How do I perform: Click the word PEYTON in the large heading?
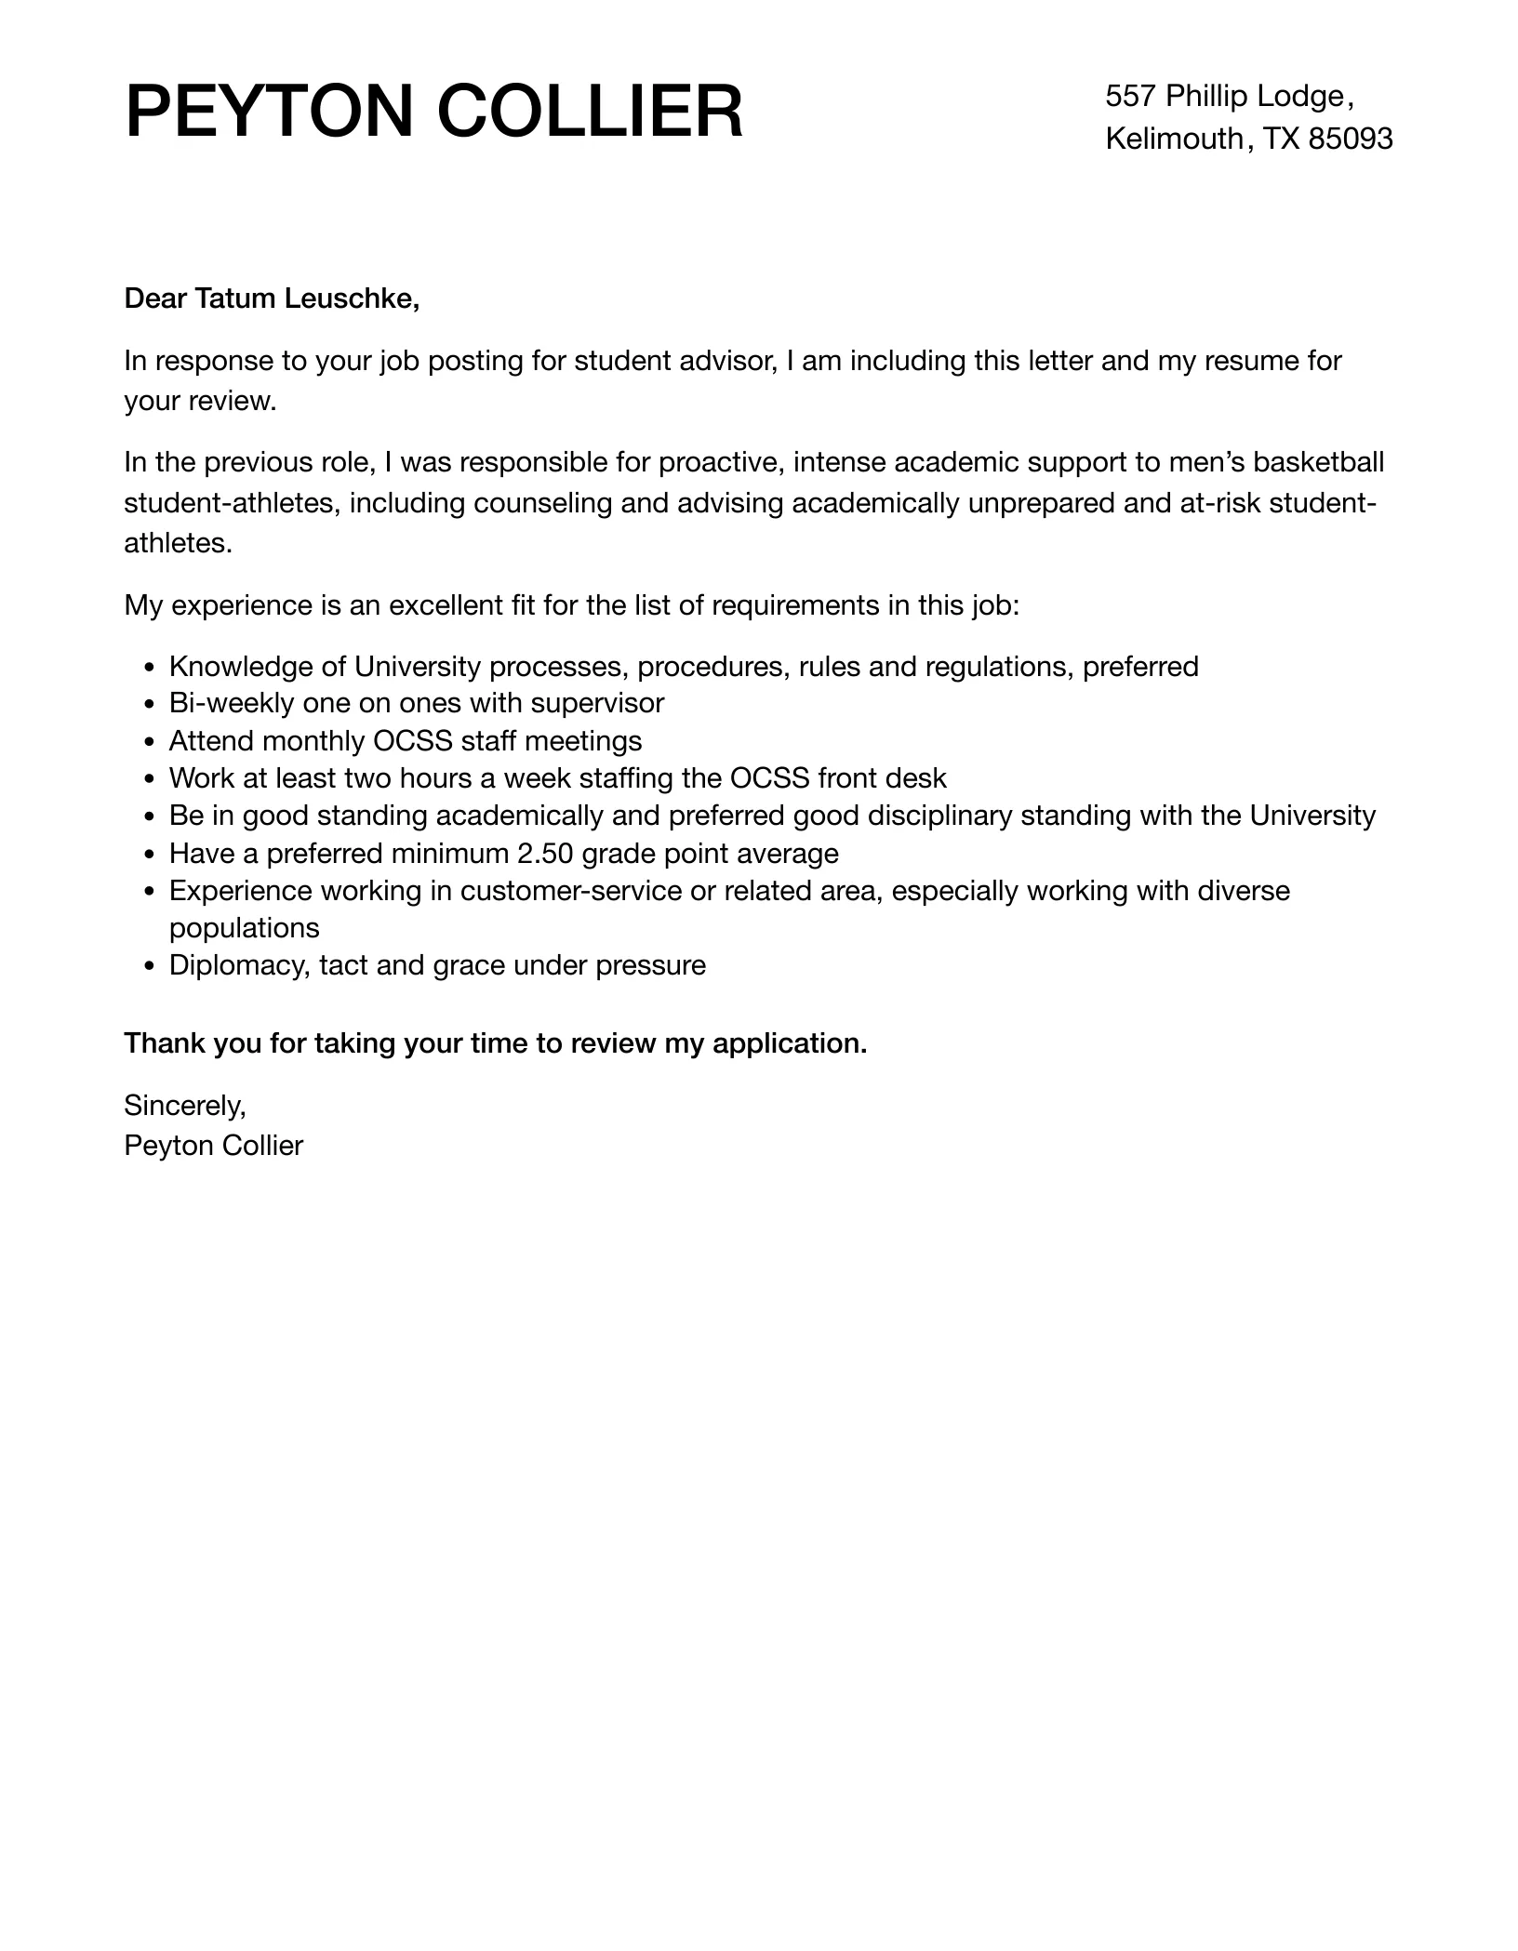(268, 113)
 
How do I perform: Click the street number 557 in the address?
(1130, 96)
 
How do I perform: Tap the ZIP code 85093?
(1350, 139)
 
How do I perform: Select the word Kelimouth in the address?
(1174, 139)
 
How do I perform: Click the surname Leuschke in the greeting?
(351, 299)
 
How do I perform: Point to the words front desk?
(882, 778)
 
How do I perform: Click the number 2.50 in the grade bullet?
(550, 854)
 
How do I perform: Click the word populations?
(244, 928)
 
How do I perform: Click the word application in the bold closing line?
(789, 1043)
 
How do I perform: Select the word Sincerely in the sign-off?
(184, 1105)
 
